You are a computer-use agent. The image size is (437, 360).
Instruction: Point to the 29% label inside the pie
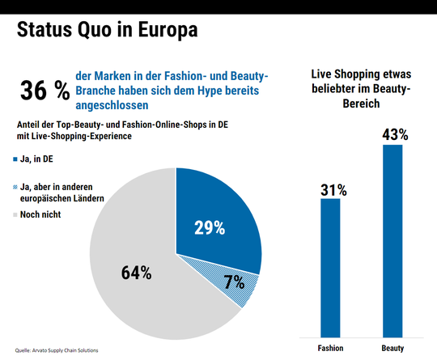point(209,227)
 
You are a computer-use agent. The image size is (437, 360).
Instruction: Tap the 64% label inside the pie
point(137,272)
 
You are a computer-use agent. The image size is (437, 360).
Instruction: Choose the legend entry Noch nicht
point(47,214)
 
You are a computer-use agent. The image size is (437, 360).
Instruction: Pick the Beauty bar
point(392,239)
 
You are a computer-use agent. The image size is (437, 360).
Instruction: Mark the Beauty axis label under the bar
point(392,347)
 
